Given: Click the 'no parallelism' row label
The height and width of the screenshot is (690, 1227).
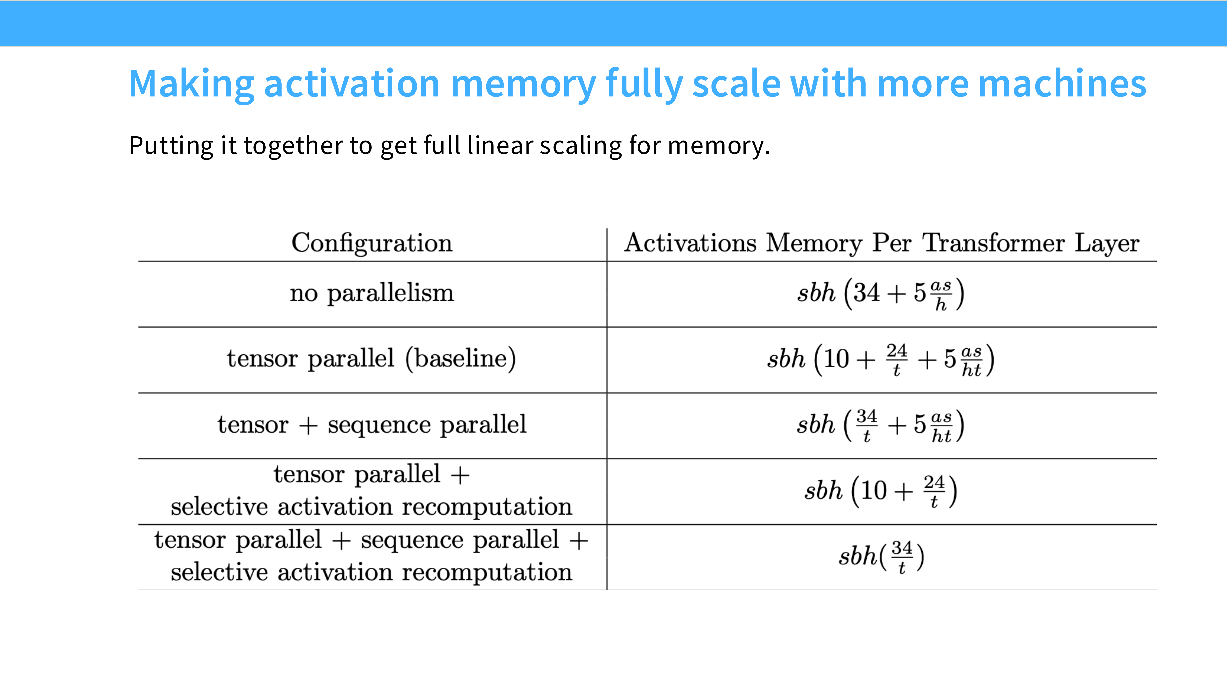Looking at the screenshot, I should (372, 293).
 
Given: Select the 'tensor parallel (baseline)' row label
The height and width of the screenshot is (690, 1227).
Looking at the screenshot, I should (372, 359).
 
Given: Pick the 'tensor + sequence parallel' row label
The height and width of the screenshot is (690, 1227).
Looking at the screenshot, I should (372, 424).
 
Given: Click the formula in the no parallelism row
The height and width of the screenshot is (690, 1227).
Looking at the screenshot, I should (881, 294).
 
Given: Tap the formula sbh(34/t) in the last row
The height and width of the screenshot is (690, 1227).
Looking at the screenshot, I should (881, 556).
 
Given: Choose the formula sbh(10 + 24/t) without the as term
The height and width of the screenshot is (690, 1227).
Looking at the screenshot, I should (881, 490).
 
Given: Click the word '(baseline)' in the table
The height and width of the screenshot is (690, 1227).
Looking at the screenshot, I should (461, 359).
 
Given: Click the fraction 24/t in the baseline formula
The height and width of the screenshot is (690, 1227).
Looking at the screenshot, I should (896, 359).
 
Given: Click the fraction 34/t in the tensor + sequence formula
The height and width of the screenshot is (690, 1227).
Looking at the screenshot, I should (866, 425).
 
